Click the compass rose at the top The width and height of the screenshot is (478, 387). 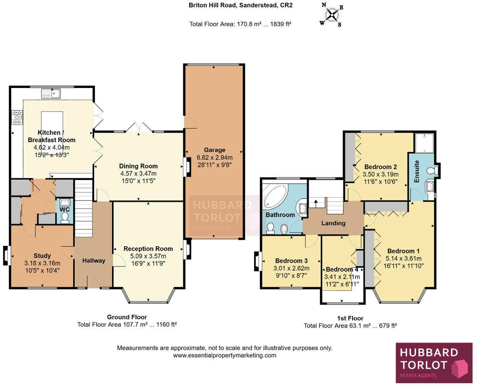tap(332, 15)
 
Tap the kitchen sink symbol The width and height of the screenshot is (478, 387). tap(50, 94)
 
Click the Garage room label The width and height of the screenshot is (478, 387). tap(214, 150)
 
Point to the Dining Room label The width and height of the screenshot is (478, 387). tap(138, 166)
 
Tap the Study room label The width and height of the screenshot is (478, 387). tap(42, 256)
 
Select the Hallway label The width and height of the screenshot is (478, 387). tap(94, 260)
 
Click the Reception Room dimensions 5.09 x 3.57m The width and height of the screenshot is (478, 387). tap(148, 256)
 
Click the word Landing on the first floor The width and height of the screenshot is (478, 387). tap(333, 223)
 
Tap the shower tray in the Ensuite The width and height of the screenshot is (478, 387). tap(425, 143)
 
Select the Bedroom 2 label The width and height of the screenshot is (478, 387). tap(380, 167)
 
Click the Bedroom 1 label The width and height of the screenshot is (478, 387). tap(403, 251)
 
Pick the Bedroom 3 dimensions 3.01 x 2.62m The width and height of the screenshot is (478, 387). tap(291, 268)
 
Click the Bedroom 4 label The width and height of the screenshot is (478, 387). tap(342, 269)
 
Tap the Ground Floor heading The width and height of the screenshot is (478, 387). tap(127, 317)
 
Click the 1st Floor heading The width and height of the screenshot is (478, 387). tap(350, 318)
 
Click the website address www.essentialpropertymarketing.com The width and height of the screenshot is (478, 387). tap(224, 355)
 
